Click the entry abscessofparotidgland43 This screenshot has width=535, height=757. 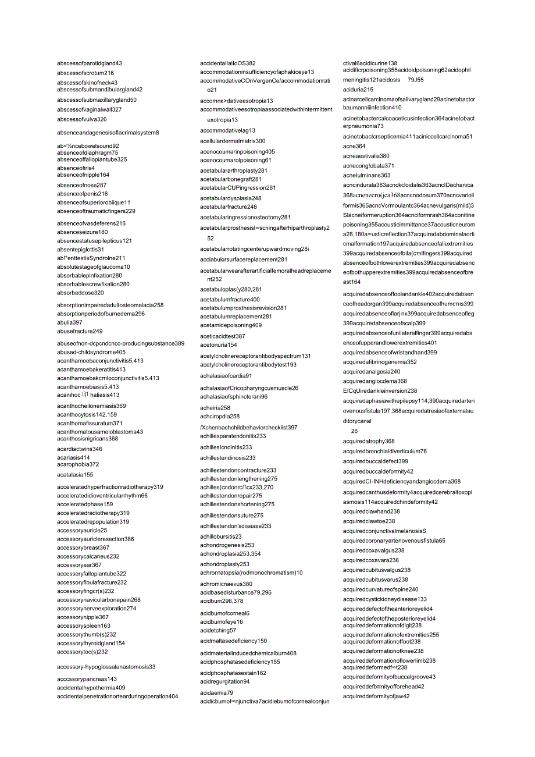pos(90,63)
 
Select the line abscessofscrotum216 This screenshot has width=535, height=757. pos(85,73)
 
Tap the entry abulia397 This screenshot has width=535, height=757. pos(70,322)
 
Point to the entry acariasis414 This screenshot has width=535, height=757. pos(73,458)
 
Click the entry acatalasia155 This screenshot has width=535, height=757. pos(75,475)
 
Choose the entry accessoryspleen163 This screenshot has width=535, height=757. pos(84,626)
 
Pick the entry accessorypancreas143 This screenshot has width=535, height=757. pos(87,679)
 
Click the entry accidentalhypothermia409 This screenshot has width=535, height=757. pos(91,688)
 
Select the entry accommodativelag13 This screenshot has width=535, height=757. pos(228,131)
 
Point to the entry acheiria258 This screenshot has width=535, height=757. pos(215,408)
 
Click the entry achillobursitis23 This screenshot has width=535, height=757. pos(221,536)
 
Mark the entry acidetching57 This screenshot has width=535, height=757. pos(218,630)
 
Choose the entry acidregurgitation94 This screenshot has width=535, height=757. pos(225,682)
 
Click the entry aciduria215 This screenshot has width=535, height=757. pos(358,90)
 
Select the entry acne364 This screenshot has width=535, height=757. pos(354,146)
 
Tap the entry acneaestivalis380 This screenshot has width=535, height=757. pos(366,156)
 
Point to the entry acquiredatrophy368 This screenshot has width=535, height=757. pos(369,442)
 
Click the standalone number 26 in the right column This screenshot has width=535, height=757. pos(354,431)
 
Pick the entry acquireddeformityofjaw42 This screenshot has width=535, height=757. pos(376,696)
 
